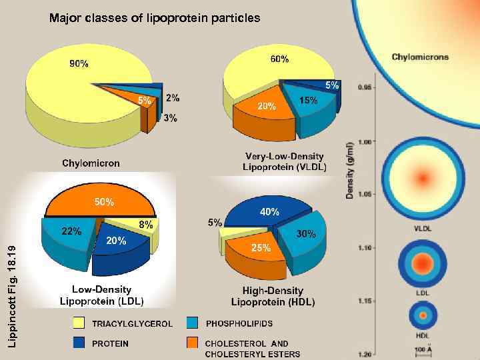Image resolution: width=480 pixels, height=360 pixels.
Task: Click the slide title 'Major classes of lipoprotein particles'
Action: [155, 18]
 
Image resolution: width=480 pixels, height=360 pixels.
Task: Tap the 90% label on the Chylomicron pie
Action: [79, 64]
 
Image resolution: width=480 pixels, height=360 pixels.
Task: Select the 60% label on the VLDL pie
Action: [279, 59]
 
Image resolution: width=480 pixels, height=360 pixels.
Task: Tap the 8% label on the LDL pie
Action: [145, 225]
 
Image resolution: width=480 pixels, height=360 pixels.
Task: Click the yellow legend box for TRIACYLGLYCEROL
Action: [79, 323]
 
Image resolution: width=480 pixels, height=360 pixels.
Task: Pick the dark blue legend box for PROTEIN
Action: [79, 343]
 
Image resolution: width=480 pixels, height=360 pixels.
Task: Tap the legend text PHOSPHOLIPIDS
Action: [239, 324]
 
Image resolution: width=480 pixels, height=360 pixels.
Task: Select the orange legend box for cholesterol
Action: [193, 343]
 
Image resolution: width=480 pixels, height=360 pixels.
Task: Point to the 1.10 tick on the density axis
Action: [365, 248]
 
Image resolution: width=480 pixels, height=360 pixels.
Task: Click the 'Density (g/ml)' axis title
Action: [350, 169]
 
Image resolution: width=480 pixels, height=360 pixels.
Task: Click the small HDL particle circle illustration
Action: [422, 315]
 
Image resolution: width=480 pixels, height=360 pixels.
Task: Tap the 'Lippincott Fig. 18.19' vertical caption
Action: [10, 294]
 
